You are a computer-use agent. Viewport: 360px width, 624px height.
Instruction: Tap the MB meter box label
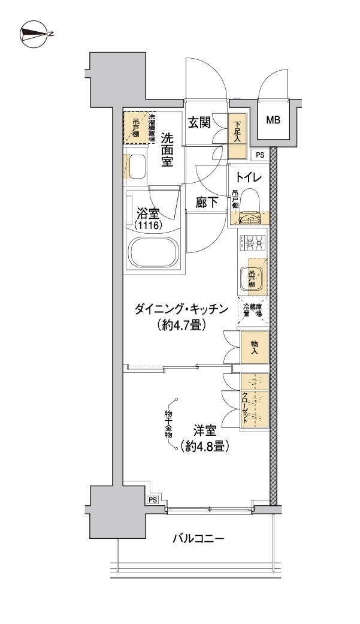[x=273, y=119]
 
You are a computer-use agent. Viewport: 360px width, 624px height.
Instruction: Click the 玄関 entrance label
[x=199, y=123]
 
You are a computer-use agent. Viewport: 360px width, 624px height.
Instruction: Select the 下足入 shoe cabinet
[x=238, y=135]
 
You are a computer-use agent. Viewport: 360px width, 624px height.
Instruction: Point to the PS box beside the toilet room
[x=260, y=155]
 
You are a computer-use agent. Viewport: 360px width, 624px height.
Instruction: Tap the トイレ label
[x=249, y=176]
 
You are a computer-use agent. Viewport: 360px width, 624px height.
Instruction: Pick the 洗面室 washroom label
[x=167, y=150]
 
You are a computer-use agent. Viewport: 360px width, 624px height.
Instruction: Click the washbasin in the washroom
[x=135, y=167]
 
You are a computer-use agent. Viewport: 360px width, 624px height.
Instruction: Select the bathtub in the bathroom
[x=153, y=253]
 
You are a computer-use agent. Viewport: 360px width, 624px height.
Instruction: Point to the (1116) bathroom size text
[x=147, y=225]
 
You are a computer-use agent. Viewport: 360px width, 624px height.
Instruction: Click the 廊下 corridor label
[x=207, y=203]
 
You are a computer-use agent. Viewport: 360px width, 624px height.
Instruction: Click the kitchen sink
[x=252, y=278]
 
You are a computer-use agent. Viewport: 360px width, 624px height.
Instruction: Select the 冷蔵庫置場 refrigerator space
[x=253, y=311]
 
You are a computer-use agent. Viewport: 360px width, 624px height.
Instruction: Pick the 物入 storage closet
[x=255, y=348]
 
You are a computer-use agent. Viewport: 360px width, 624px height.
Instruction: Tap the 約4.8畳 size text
[x=205, y=447]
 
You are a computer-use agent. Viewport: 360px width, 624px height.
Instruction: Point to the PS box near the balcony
[x=153, y=500]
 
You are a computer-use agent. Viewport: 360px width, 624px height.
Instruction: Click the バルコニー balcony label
[x=198, y=539]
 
